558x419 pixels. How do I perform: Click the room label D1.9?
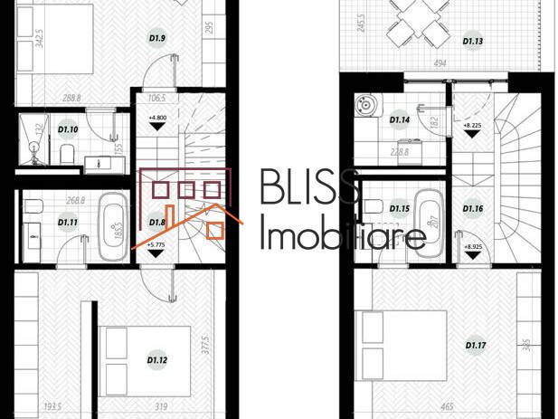[156, 38]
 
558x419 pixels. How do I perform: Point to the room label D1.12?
[156, 360]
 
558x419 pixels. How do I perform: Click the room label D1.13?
[473, 41]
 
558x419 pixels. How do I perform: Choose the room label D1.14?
[400, 119]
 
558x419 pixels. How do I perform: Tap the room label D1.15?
[400, 210]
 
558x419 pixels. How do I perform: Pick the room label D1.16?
[473, 210]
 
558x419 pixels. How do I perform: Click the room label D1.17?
[473, 345]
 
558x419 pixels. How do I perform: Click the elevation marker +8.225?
[472, 126]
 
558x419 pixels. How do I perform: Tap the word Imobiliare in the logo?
[343, 237]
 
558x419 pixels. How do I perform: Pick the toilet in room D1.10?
[64, 157]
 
